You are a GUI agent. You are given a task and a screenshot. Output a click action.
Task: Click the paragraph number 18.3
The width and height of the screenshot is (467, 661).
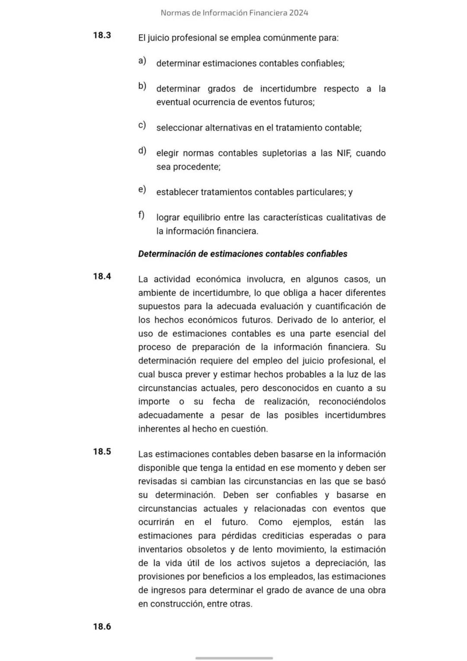[102, 35]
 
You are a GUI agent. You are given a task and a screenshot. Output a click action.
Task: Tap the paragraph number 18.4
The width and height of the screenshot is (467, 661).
[102, 276]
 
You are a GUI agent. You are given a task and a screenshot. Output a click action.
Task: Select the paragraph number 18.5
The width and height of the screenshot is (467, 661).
[102, 452]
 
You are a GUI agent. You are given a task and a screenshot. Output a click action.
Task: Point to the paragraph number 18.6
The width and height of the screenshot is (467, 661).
[102, 626]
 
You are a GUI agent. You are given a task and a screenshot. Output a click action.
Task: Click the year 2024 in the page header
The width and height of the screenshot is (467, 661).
[299, 13]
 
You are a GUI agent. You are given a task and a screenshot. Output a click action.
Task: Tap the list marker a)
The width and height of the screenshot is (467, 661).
[142, 61]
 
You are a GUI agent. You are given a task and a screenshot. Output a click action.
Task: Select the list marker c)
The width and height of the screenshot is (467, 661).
[142, 125]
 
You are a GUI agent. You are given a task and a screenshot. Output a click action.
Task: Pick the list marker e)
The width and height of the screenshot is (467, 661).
[142, 189]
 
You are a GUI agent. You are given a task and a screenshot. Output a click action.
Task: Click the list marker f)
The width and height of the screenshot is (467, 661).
[141, 215]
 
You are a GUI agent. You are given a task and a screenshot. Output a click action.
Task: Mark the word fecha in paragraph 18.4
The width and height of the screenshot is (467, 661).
[224, 401]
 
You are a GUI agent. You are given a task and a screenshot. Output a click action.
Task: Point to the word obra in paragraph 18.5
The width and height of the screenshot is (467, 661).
[377, 590]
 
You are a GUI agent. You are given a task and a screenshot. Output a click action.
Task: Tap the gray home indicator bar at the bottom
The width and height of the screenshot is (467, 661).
[234, 658]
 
